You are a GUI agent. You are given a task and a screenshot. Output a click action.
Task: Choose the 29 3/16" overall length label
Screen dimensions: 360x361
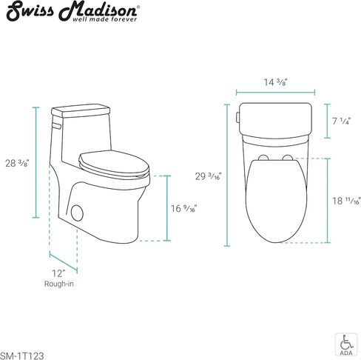point(210,176)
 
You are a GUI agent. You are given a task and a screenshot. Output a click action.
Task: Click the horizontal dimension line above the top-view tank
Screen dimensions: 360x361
point(275,92)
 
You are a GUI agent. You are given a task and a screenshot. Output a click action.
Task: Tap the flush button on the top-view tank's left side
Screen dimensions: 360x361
point(238,116)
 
